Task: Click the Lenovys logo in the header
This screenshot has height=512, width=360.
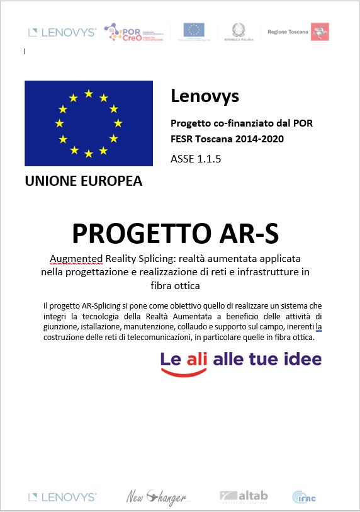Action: coord(62,31)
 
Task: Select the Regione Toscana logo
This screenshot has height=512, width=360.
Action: coord(298,31)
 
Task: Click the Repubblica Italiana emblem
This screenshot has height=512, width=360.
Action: coord(239,31)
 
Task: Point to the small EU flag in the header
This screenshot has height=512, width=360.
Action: coord(194,30)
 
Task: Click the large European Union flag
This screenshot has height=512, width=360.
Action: coord(89,123)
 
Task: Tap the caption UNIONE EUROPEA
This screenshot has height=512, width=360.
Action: coord(83,181)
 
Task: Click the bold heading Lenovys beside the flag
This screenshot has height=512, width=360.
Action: coord(205,96)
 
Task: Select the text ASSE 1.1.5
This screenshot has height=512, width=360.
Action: coord(196,159)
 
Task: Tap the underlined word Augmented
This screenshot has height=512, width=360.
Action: coord(76,259)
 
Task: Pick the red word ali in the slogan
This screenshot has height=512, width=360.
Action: coord(198,359)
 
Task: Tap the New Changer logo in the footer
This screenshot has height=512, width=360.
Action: coord(157,498)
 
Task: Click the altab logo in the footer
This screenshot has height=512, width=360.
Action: coord(244,496)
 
